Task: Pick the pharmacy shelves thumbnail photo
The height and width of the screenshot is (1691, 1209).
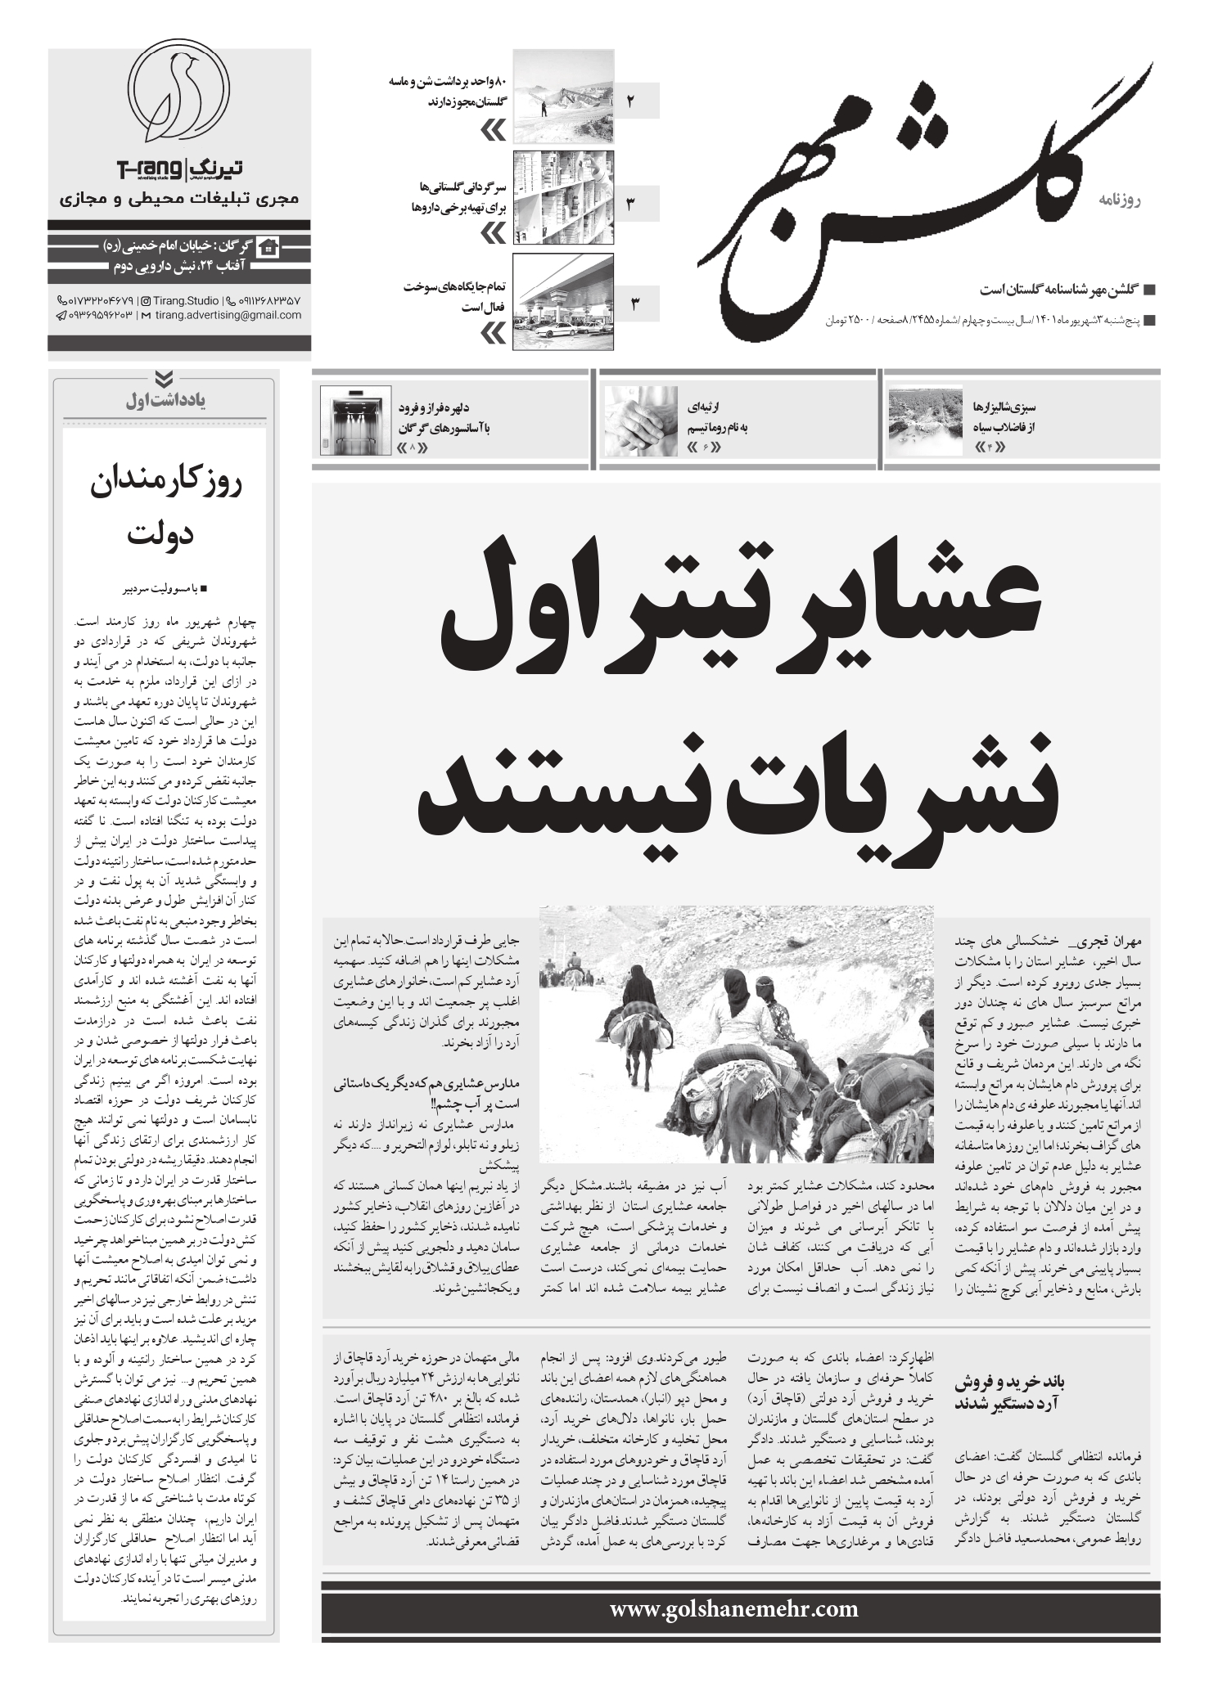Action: tap(562, 199)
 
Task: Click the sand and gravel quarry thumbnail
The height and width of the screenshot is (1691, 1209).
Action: tap(562, 97)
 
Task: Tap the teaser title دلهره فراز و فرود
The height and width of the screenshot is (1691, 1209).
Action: tap(445, 407)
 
